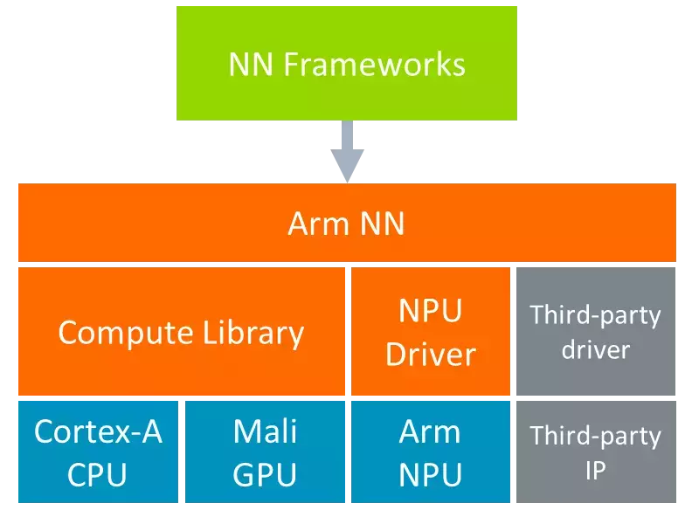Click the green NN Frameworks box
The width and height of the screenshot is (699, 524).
[346, 63]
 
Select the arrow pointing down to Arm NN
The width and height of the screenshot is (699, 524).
[348, 153]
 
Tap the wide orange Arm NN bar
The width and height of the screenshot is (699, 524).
[346, 224]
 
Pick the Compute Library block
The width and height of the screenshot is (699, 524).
[181, 332]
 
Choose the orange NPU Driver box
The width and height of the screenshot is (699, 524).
[430, 332]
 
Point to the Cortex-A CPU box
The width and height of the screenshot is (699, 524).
[97, 452]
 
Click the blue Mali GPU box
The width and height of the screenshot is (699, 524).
[265, 452]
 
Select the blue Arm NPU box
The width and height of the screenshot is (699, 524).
[430, 452]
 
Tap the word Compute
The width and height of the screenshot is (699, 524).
[126, 333]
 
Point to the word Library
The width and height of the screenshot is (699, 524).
[253, 333]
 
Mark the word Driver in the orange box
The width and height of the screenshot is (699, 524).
[431, 354]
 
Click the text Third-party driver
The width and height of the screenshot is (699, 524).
[595, 332]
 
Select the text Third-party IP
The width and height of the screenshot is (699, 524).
[595, 452]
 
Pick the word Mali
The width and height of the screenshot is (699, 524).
[266, 431]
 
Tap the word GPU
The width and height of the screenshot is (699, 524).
[266, 474]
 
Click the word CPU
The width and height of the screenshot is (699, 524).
[97, 474]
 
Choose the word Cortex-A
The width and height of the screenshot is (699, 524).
[98, 431]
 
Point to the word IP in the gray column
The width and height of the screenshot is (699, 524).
[595, 470]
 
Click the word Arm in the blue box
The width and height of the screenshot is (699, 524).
[430, 431]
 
